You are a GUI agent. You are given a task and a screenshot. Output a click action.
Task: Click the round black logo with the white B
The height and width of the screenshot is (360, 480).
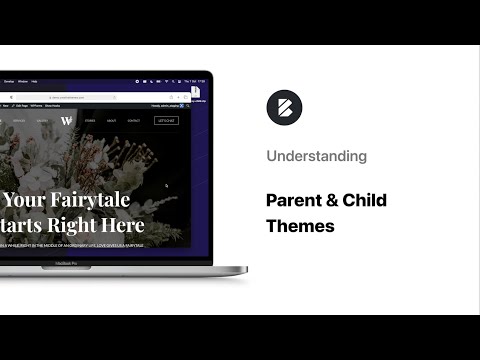(283, 107)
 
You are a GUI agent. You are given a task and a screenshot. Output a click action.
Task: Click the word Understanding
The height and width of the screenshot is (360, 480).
(316, 156)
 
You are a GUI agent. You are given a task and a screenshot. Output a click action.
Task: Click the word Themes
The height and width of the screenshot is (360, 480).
(300, 226)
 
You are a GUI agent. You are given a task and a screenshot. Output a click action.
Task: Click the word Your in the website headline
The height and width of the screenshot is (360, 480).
(30, 200)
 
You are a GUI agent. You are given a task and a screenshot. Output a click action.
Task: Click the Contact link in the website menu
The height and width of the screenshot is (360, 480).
(134, 120)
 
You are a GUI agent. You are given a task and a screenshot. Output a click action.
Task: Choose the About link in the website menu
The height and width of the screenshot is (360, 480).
(112, 120)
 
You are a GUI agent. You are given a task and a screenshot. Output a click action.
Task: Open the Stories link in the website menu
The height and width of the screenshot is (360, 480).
(90, 120)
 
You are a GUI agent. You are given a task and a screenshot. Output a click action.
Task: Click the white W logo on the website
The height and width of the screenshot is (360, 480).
(66, 121)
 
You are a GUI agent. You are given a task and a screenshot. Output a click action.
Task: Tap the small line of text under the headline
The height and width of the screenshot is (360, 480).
(70, 243)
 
